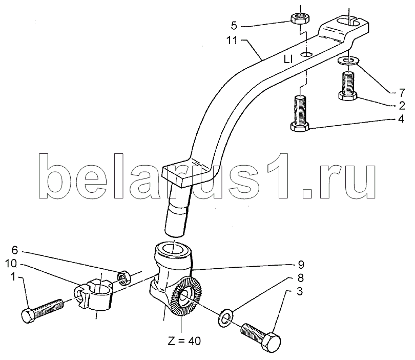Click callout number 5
tap(234, 26)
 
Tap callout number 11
tap(232, 41)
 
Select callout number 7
tap(402, 93)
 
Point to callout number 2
tap(402, 106)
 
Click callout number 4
tap(401, 119)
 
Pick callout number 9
tap(301, 265)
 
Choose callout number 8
tap(300, 278)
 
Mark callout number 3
tap(299, 292)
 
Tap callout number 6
tap(14, 250)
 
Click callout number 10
tap(11, 264)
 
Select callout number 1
tap(13, 277)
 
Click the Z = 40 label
tap(184, 341)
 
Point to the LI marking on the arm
tap(288, 59)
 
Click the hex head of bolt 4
tap(300, 127)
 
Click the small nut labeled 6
tap(124, 278)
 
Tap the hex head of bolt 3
tap(272, 341)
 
